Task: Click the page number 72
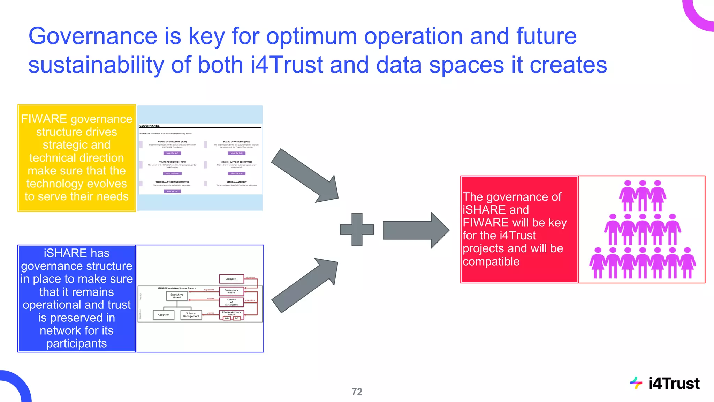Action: [x=357, y=392]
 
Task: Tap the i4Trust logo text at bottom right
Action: [x=674, y=384]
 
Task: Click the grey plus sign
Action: [x=357, y=229]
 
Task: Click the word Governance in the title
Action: [x=93, y=36]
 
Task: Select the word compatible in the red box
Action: [x=491, y=261]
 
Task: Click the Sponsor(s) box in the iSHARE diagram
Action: [x=231, y=279]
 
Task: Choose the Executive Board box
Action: [x=177, y=296]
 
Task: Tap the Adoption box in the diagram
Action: [x=163, y=315]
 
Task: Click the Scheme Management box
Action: [x=191, y=315]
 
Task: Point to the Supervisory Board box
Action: [x=231, y=291]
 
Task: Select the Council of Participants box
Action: [x=231, y=302]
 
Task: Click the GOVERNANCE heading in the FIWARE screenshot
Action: [x=149, y=126]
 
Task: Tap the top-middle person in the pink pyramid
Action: [x=642, y=196]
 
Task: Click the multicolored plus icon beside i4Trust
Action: [x=636, y=383]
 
